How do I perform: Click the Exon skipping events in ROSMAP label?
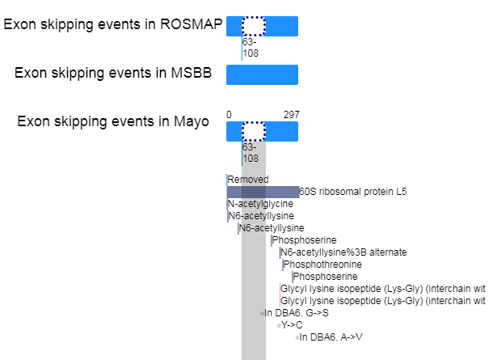[113, 24]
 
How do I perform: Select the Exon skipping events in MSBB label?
[113, 73]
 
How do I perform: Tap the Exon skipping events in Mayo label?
[113, 121]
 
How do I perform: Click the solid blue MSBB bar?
[262, 75]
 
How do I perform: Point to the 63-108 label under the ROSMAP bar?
[251, 48]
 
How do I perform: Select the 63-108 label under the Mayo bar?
[251, 153]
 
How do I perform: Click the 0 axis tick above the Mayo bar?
[229, 115]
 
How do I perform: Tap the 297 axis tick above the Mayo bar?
[292, 115]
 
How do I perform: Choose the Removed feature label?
[248, 180]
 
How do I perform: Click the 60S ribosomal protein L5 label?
[352, 192]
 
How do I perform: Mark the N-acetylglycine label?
[260, 204]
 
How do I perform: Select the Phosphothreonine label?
[322, 265]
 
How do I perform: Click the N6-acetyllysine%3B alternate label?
[343, 252]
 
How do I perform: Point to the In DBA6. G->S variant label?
[297, 313]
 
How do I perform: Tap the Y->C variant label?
[292, 325]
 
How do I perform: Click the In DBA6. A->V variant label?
[331, 337]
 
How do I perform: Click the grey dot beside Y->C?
[279, 325]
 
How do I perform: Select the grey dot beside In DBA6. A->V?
[297, 337]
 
